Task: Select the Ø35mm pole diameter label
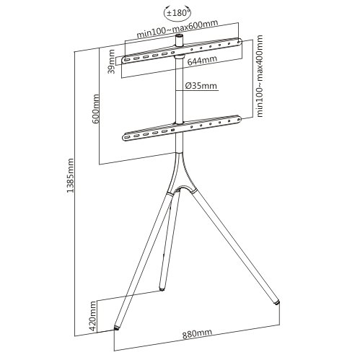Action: (201, 86)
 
